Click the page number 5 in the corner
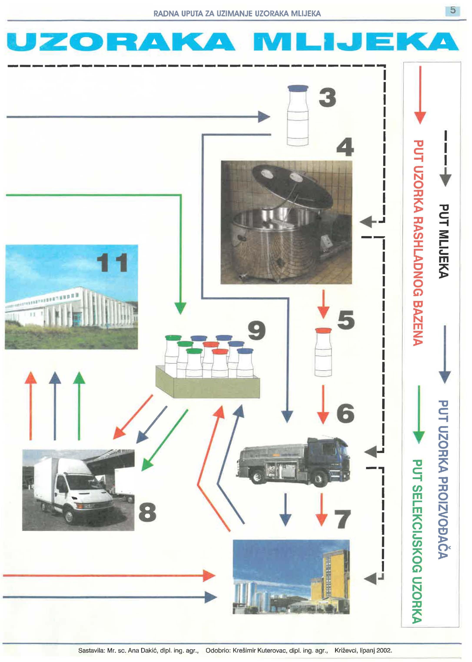pyautogui.click(x=452, y=10)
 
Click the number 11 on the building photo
pyautogui.click(x=112, y=263)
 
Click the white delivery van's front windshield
pyautogui.click(x=80, y=482)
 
